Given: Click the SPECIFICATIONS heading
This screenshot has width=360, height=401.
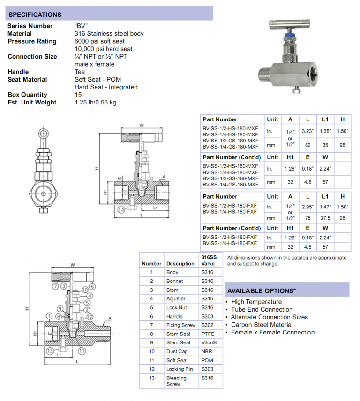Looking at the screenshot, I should click(35, 15).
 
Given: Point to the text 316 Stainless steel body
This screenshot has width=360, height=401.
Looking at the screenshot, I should click(109, 34).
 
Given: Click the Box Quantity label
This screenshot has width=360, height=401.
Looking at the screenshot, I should click(27, 95).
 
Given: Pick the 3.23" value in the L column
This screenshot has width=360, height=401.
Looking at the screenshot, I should click(308, 132).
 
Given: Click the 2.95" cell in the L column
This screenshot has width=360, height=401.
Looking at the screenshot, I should click(308, 207).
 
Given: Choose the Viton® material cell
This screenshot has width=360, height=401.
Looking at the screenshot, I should click(209, 342).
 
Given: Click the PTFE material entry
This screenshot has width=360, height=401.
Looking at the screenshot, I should click(208, 334).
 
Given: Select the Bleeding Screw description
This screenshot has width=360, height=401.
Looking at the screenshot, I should click(176, 381).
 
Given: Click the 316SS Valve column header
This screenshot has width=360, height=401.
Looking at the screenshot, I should click(209, 260).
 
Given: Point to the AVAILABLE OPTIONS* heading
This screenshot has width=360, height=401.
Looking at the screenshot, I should click(262, 290).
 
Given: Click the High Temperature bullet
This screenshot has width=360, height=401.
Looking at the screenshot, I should click(256, 302).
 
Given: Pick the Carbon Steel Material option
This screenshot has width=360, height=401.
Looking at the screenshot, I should click(262, 325).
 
